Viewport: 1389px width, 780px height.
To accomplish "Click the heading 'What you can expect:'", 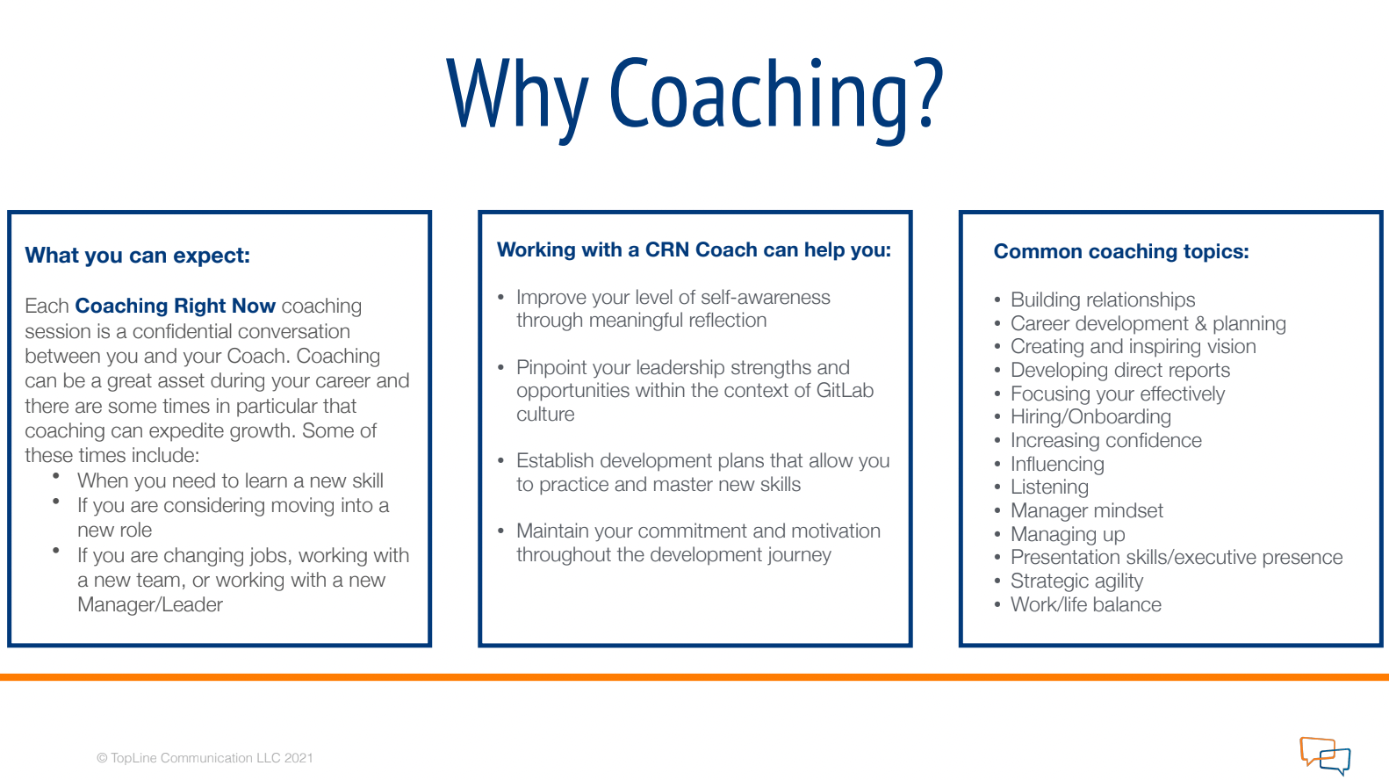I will (138, 256).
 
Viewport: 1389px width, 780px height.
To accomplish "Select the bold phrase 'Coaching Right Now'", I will (176, 306).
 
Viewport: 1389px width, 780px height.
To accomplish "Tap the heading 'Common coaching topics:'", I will (1120, 252).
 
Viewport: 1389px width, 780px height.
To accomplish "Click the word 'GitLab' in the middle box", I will (845, 391).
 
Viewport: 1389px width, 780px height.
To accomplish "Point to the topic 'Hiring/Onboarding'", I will (1090, 417).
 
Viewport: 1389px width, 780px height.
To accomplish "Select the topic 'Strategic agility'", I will (1076, 581).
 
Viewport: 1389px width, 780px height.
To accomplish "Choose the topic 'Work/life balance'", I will (1085, 605).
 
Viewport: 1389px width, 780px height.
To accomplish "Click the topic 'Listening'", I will (1049, 487).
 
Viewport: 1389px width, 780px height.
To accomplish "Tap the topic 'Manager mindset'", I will (1086, 511).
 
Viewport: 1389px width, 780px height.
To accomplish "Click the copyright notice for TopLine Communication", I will (205, 758).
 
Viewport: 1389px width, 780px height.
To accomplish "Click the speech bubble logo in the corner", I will (1325, 755).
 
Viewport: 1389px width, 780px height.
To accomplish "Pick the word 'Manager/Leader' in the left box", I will (150, 605).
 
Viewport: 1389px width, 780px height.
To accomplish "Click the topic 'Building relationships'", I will (1103, 300).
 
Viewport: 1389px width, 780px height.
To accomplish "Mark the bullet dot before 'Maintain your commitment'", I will (500, 531).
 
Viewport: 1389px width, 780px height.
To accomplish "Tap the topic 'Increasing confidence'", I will (1105, 441).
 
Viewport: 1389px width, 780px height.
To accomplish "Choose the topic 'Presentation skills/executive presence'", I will (1177, 558).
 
